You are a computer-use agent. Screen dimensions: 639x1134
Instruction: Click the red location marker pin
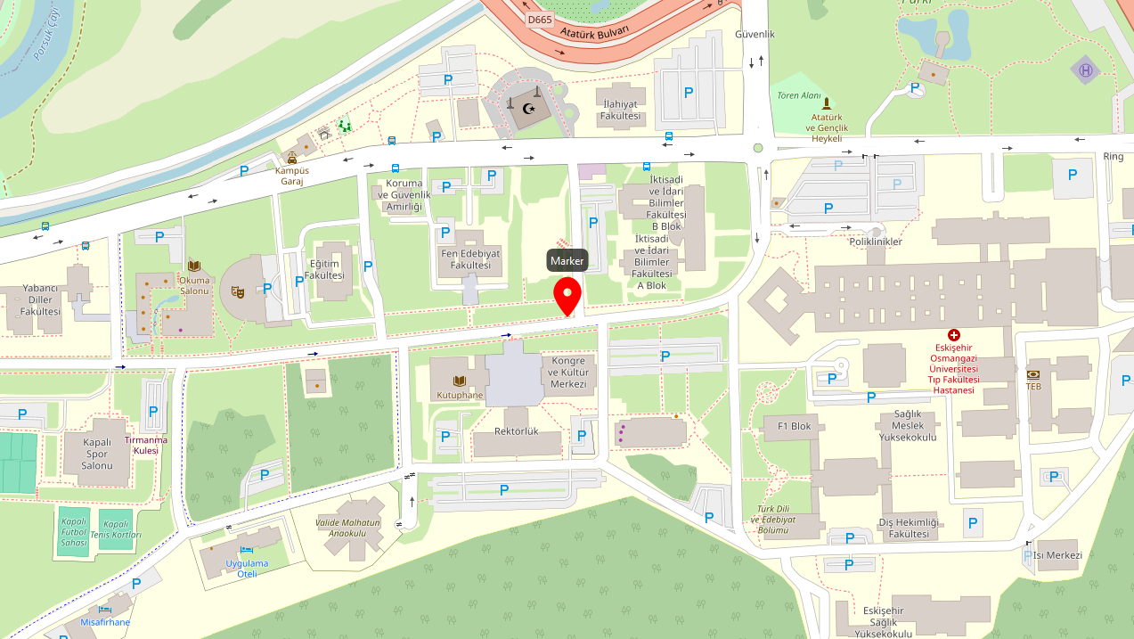(x=567, y=295)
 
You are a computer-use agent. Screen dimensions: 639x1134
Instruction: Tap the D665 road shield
(x=539, y=19)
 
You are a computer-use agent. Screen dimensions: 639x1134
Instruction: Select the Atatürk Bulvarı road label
(x=594, y=32)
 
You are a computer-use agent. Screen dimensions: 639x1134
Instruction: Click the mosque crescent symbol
(x=532, y=109)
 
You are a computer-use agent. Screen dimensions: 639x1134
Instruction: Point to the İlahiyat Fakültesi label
(x=620, y=110)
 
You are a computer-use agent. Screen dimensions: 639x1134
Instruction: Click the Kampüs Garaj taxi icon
(x=292, y=157)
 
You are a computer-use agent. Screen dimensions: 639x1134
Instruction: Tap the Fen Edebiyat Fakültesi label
(x=471, y=259)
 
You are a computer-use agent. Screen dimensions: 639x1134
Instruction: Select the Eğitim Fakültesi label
(x=323, y=269)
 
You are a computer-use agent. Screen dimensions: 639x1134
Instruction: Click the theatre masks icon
(x=238, y=291)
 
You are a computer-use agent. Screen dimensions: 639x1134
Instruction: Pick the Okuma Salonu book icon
(x=194, y=265)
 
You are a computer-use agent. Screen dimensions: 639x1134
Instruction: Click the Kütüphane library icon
(x=460, y=381)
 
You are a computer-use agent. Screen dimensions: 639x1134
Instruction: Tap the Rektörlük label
(x=517, y=431)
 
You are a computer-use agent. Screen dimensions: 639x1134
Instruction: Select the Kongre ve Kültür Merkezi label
(x=567, y=372)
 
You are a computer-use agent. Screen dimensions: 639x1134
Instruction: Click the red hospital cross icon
(x=954, y=335)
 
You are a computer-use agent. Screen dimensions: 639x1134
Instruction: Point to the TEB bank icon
(x=1033, y=375)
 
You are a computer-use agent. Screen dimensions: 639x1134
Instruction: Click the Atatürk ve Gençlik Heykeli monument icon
(x=826, y=102)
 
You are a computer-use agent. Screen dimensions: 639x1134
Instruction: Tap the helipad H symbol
(x=1085, y=70)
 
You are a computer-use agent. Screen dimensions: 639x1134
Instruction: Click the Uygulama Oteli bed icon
(x=247, y=550)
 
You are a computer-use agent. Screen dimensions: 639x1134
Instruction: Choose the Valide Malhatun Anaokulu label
(x=348, y=528)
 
